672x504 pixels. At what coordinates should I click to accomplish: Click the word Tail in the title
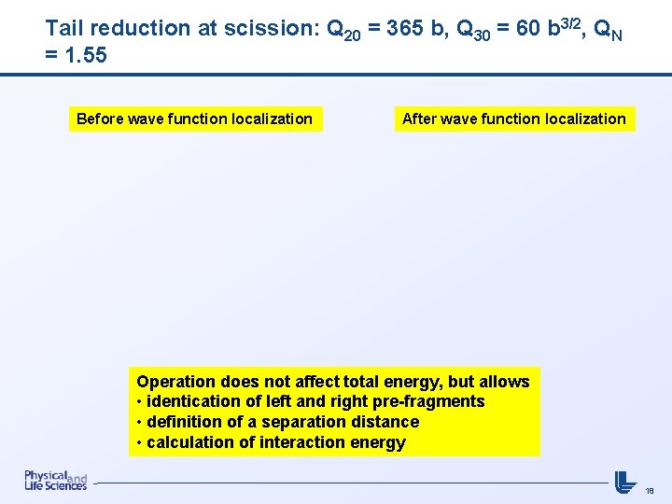coord(63,28)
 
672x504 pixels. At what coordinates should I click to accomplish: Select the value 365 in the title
coord(403,28)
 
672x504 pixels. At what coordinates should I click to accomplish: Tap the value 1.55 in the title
coord(85,55)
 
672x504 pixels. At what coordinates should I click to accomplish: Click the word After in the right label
coord(419,119)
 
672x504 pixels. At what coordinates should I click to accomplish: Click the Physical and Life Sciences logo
coord(55,480)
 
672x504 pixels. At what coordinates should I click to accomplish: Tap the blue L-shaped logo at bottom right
coord(624,481)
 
